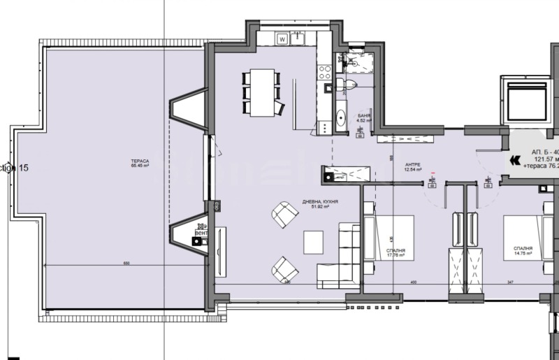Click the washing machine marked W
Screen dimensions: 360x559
point(282,39)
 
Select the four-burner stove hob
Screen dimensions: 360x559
point(325,71)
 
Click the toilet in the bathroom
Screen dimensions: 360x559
point(345,85)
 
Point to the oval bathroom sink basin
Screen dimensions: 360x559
point(341,117)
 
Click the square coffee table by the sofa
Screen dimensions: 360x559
point(313,242)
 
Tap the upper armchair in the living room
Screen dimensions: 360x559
point(284,214)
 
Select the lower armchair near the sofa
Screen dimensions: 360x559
point(284,269)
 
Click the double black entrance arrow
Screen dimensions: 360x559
point(516,160)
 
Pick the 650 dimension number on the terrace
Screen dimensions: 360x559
point(126,264)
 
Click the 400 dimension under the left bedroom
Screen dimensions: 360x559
point(413,282)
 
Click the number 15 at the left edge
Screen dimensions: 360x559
point(23,168)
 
